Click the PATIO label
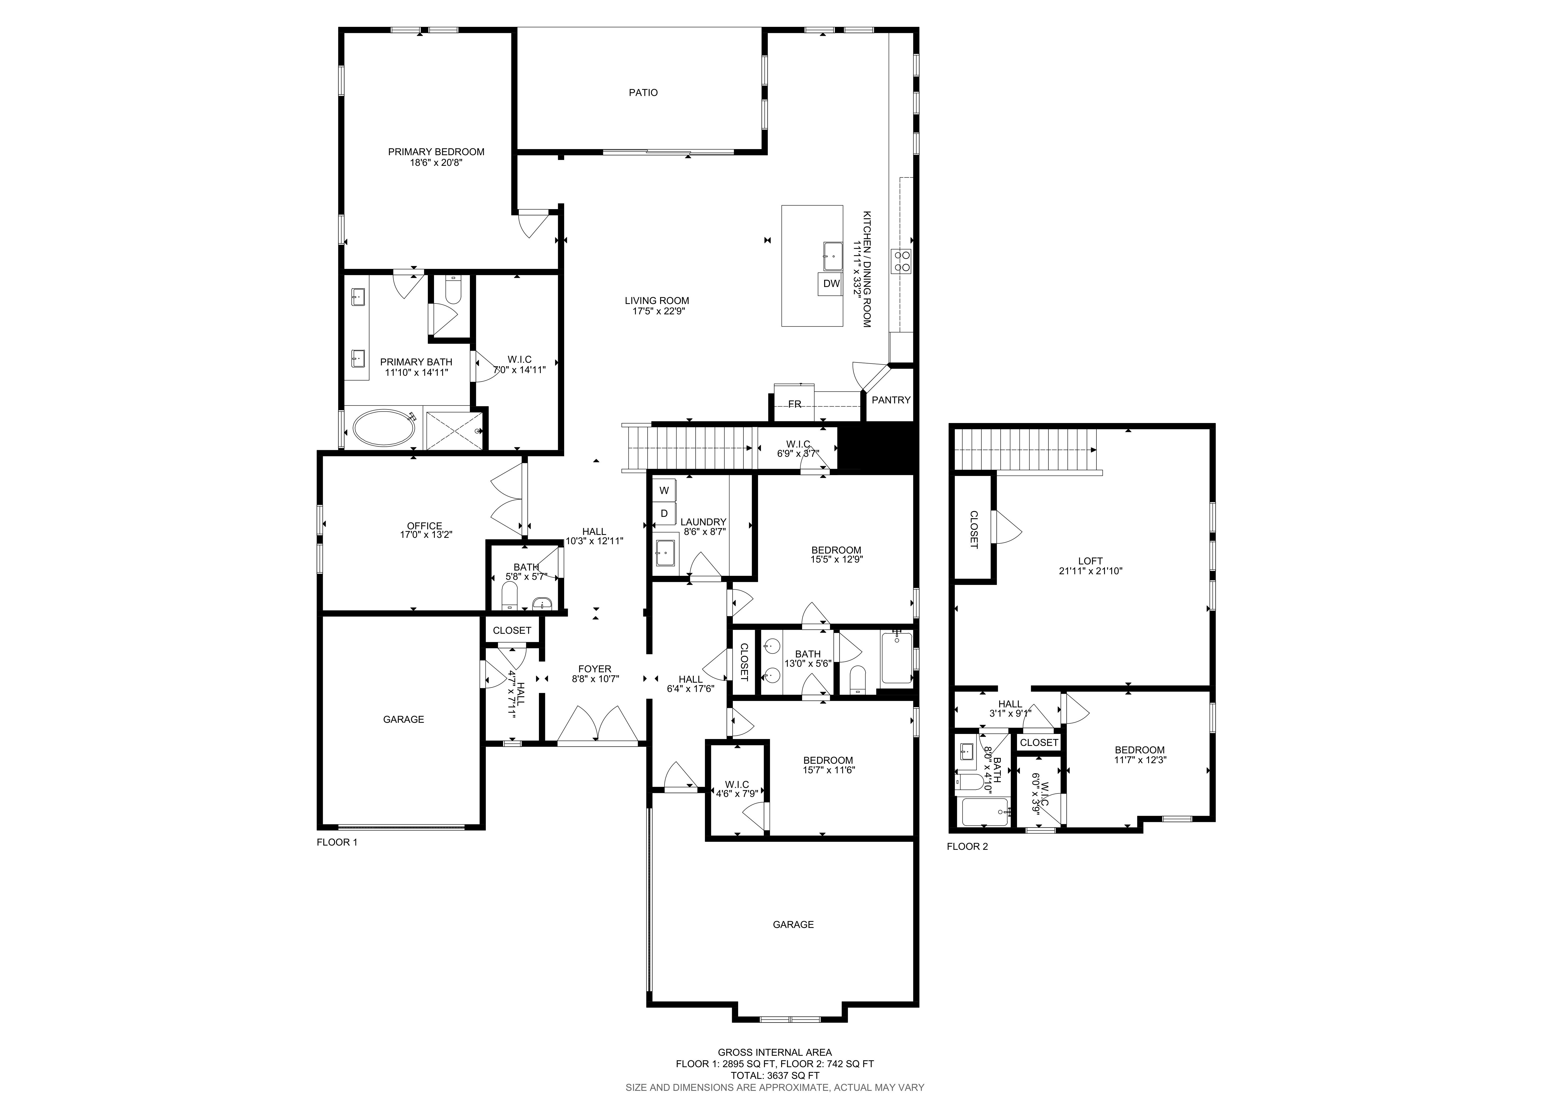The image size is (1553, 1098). pyautogui.click(x=643, y=93)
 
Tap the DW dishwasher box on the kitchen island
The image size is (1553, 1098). pyautogui.click(x=831, y=284)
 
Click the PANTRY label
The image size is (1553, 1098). pyautogui.click(x=891, y=400)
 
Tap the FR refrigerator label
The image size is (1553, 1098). pyautogui.click(x=795, y=404)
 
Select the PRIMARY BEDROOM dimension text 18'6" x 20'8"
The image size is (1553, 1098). pyautogui.click(x=436, y=162)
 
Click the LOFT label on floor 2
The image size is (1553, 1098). pyautogui.click(x=1090, y=561)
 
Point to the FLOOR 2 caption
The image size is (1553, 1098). pyautogui.click(x=967, y=846)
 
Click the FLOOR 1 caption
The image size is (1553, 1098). pyautogui.click(x=337, y=842)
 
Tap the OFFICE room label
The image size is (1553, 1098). pyautogui.click(x=425, y=526)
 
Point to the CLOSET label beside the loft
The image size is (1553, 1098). pyautogui.click(x=973, y=529)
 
